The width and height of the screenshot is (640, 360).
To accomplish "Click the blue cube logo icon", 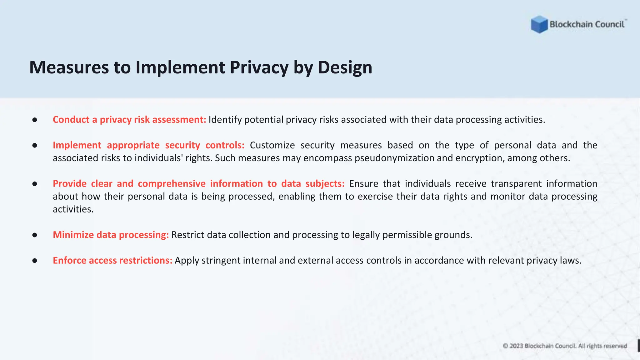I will coord(539,24).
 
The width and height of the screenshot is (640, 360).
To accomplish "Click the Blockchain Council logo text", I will coord(587,24).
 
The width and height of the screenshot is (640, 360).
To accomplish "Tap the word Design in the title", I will coord(345,67).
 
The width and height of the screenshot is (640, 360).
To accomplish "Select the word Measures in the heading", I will coord(69,67).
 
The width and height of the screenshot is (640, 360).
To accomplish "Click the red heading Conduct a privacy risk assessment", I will coord(129,120).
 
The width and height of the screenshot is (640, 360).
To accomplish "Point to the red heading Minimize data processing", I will coord(111,235).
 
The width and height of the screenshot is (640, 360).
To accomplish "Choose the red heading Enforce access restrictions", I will coord(112,261).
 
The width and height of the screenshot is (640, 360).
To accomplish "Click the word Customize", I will coord(272,145).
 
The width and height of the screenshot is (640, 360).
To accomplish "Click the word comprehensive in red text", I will coord(172,184).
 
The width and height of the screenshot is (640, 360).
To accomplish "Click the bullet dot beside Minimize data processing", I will coord(35,235).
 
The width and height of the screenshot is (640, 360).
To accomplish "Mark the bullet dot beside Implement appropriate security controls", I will coord(35,145).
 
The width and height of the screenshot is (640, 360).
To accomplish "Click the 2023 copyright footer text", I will coord(565,346).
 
